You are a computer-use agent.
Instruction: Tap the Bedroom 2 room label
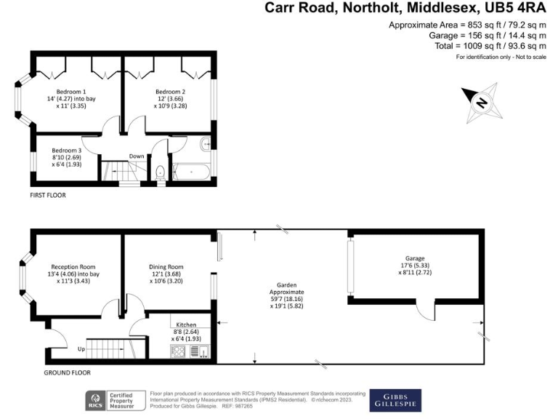(x=170, y=91)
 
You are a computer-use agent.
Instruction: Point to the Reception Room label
(x=73, y=267)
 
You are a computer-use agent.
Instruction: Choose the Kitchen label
(x=185, y=324)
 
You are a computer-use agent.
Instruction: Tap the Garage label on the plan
(x=415, y=258)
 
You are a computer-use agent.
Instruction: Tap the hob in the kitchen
(x=178, y=351)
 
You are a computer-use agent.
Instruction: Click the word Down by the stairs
(x=137, y=156)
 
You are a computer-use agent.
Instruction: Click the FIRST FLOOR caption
(x=50, y=196)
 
